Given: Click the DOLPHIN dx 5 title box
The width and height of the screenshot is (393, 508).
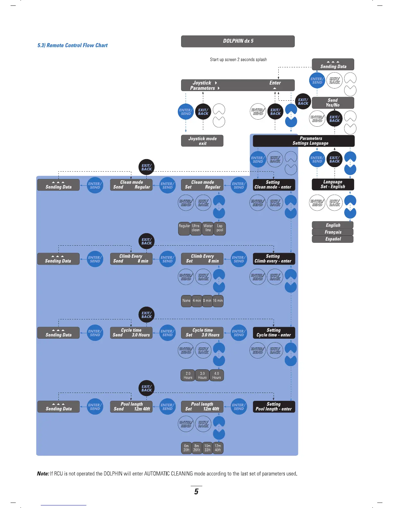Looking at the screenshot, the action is [238, 41].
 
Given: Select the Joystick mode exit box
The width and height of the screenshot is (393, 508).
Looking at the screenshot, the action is [202, 141].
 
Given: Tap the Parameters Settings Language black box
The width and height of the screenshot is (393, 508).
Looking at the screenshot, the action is [304, 141].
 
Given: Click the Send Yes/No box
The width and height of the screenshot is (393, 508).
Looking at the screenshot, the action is [333, 103].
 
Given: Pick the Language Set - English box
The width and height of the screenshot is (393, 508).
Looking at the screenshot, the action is [333, 184].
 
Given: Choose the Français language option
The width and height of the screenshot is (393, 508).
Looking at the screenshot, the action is [333, 232].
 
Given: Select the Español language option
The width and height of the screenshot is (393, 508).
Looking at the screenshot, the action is [333, 239].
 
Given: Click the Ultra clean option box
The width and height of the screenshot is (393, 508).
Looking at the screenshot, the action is [196, 228].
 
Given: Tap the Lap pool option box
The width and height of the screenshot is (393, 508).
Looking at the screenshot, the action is [220, 228].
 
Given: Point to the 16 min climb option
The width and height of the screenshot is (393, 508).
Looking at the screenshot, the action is [218, 301].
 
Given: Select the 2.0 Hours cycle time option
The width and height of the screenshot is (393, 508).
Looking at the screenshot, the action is [188, 376].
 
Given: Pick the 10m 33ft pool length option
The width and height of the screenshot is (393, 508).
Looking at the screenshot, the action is [207, 448].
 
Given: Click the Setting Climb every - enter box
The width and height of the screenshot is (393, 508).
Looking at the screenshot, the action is [273, 258].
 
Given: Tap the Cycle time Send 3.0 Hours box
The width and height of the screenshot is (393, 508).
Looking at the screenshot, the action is [131, 333].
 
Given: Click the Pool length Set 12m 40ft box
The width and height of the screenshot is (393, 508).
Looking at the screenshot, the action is [202, 407].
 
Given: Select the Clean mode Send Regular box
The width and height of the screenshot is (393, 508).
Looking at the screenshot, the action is [131, 185].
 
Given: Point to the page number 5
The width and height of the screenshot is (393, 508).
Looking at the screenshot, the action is [196, 492].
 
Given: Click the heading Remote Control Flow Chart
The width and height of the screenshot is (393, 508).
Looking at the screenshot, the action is [73, 46].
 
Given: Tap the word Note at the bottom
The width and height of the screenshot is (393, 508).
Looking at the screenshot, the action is [43, 474].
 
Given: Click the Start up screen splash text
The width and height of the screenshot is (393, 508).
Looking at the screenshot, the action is [238, 60].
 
